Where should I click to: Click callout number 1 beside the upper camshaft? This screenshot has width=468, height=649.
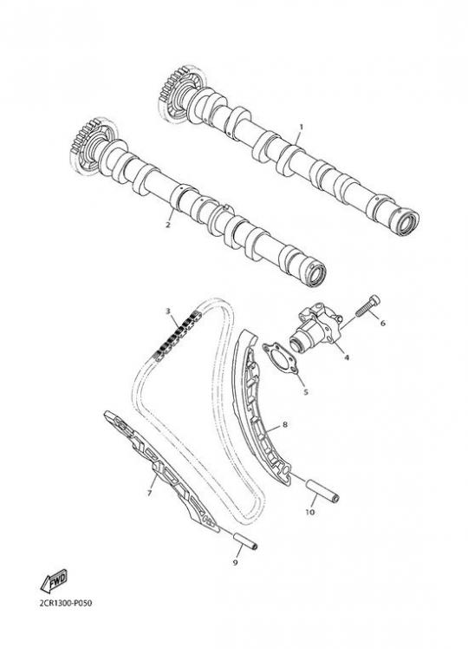[x=302, y=127]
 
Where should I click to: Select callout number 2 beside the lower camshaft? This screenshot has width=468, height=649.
[x=168, y=226]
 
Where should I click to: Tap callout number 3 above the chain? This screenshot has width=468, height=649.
[x=168, y=311]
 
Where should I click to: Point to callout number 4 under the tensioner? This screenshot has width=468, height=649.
[x=347, y=357]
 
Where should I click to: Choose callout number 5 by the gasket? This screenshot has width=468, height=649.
[x=306, y=391]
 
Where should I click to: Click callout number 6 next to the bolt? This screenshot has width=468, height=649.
[x=382, y=323]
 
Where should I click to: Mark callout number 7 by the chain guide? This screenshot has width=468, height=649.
[x=149, y=493]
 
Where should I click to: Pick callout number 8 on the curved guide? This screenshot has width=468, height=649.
[x=285, y=424]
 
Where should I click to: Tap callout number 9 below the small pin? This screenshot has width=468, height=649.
[x=235, y=562]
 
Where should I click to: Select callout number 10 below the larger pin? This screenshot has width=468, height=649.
[x=310, y=512]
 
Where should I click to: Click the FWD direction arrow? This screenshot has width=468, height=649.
[x=54, y=581]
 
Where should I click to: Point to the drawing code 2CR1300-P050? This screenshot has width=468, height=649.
[x=66, y=603]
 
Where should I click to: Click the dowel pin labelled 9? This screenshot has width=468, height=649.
[x=245, y=541]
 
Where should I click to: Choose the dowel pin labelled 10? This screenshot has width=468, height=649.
[x=322, y=490]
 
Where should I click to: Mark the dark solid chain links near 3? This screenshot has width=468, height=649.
[x=177, y=335]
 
